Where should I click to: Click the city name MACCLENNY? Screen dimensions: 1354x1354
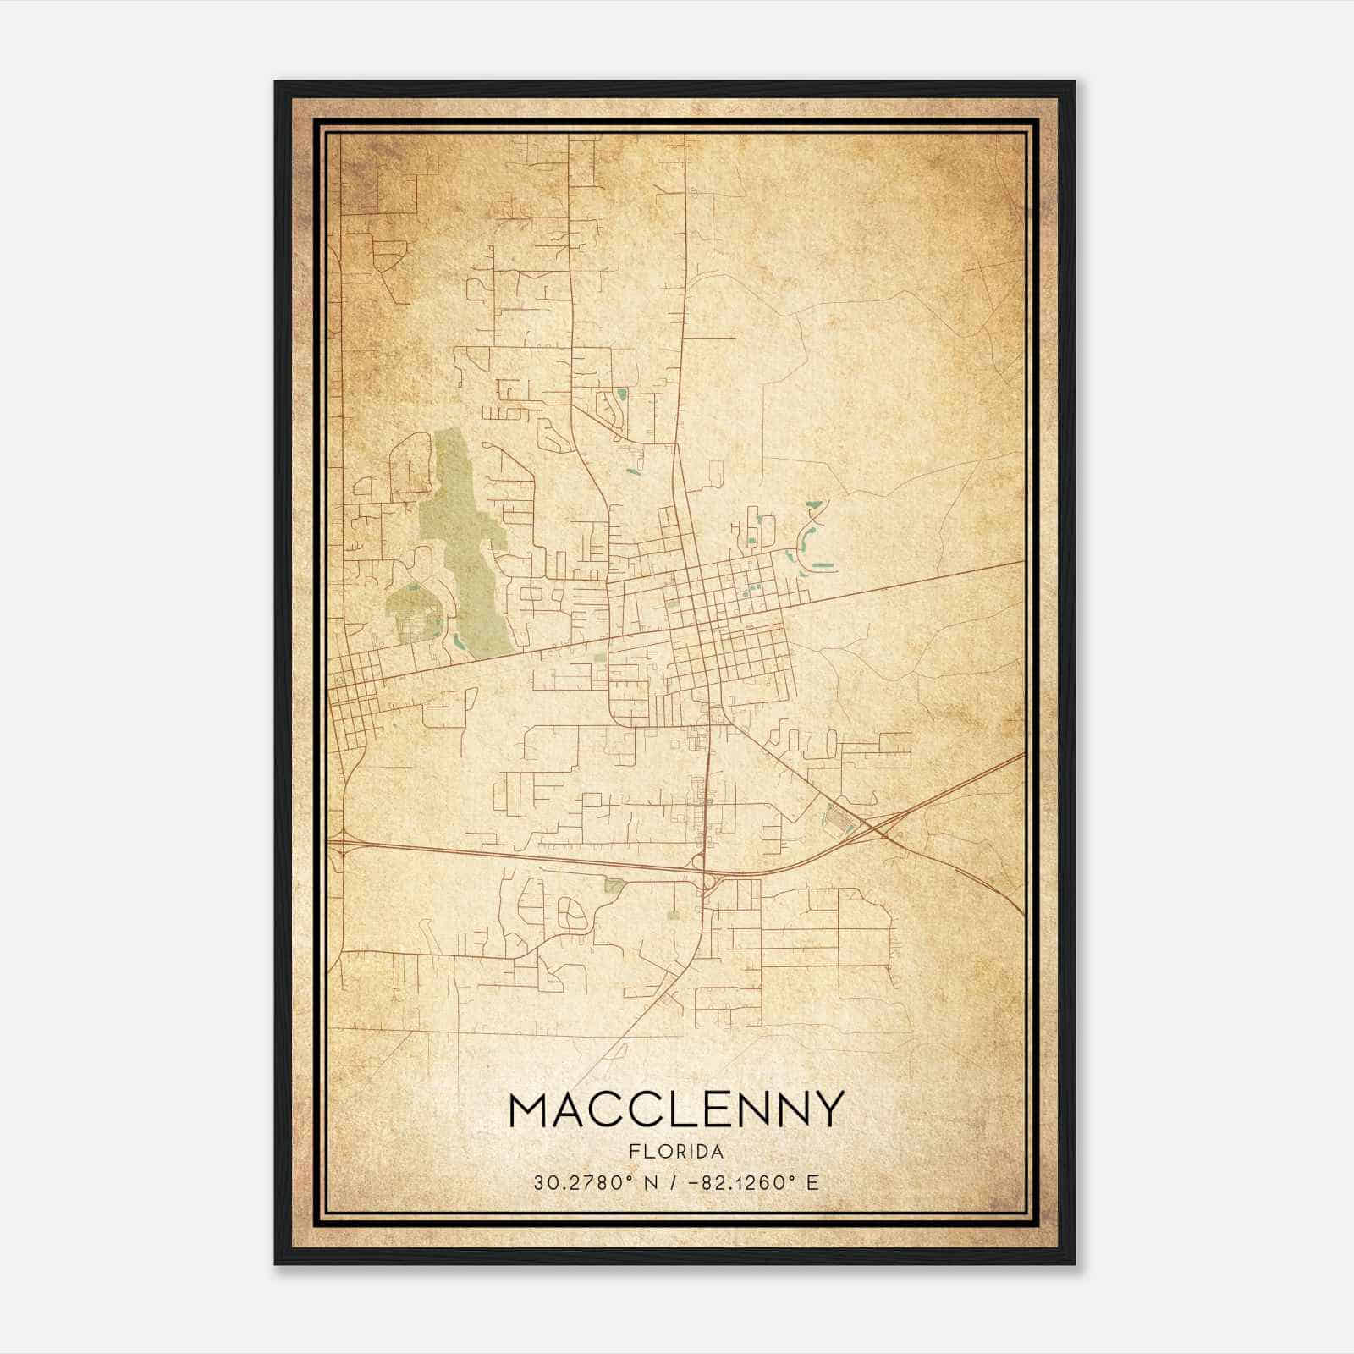(x=676, y=1110)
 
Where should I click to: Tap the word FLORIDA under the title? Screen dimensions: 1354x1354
(x=676, y=1152)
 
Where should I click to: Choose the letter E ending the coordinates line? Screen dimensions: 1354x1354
(x=812, y=1182)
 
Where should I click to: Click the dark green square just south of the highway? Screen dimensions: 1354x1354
(x=612, y=885)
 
